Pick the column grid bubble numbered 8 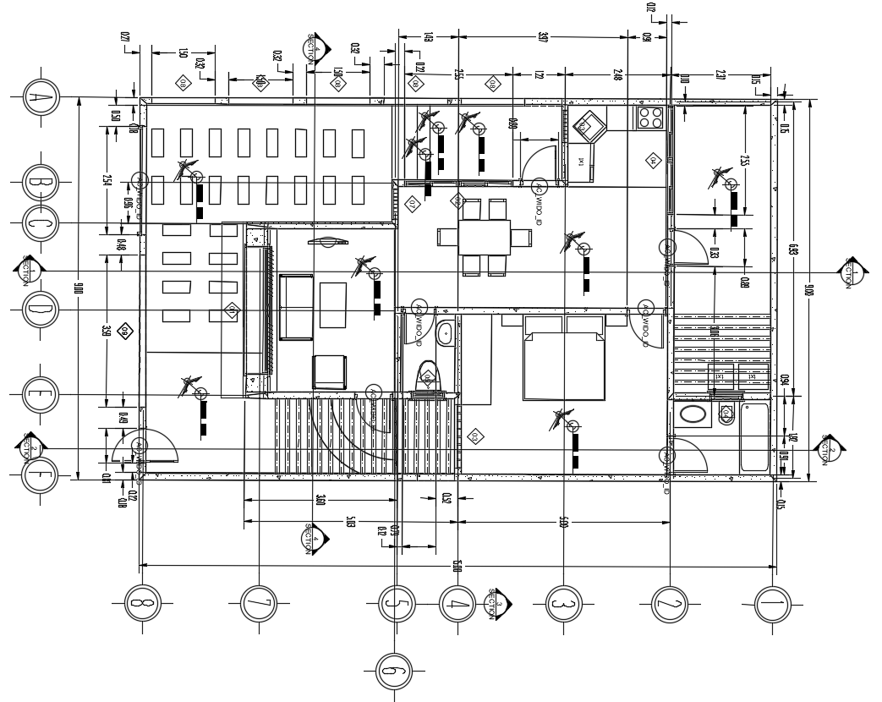(141, 604)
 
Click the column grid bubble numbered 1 (775, 604)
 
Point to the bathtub (754, 437)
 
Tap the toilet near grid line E (429, 375)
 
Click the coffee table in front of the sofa (332, 304)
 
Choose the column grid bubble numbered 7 (259, 604)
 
